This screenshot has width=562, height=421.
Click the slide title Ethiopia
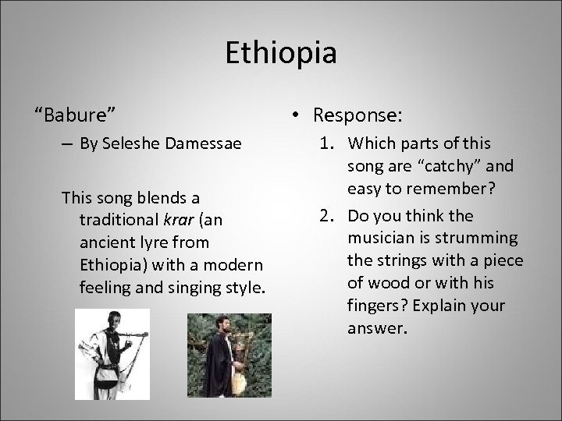pos(281,53)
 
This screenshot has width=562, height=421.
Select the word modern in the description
pos(237,265)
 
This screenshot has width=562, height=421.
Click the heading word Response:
pos(357,115)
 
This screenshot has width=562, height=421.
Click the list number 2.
pos(328,215)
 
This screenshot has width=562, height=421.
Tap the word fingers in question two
pos(373,306)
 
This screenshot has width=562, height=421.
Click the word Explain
pos(443,306)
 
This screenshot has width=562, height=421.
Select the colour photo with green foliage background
pos(229,355)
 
